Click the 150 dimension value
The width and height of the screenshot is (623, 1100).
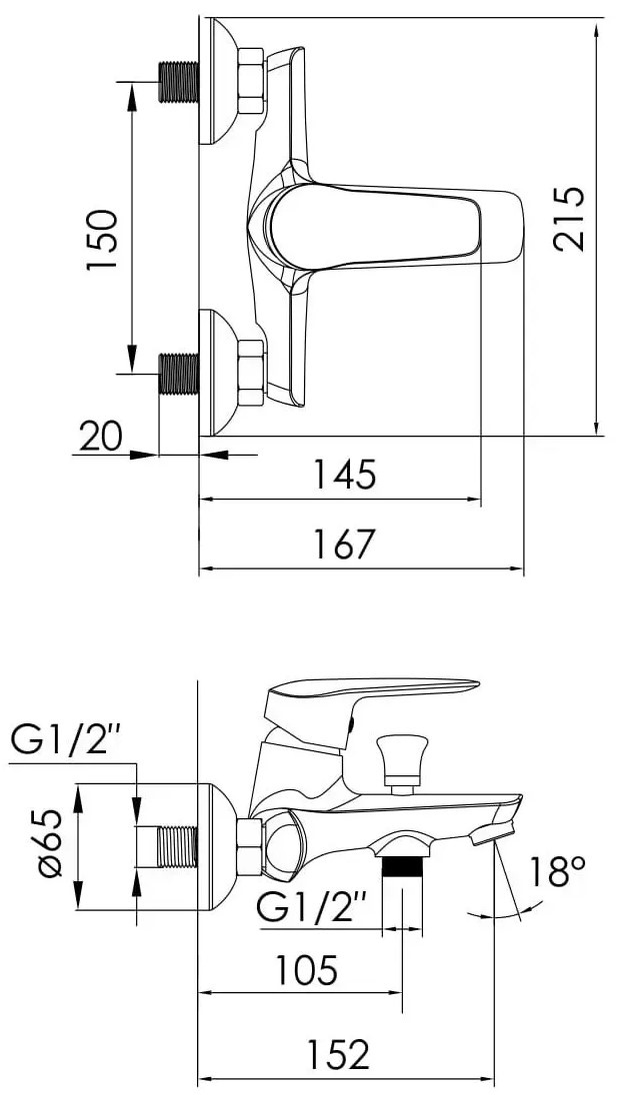pos(100,240)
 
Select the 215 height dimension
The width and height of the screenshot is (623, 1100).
pos(568,218)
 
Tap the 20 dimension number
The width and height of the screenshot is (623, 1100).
pos(100,437)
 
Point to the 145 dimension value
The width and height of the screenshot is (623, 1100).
pos(344,475)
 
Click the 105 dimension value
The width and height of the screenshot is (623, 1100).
pos(306,970)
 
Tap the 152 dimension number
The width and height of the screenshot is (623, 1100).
pos(339,1054)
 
